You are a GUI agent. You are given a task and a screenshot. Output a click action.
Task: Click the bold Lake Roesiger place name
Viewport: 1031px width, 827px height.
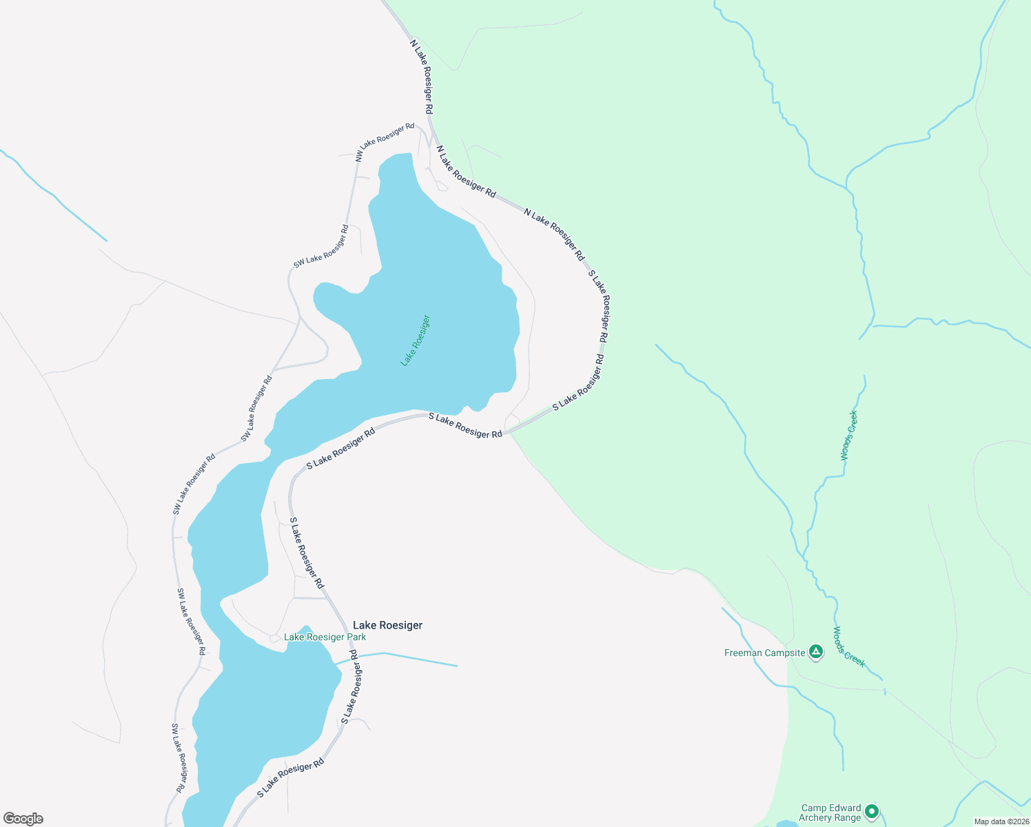387,625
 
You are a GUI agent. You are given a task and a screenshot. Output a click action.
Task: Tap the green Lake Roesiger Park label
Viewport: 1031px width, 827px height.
325,637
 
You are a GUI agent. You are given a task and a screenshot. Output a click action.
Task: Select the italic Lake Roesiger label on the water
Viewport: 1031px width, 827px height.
416,340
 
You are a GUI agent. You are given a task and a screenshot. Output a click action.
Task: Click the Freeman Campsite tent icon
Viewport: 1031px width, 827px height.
816,651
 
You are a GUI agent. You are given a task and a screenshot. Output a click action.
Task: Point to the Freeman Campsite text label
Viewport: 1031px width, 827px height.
764,653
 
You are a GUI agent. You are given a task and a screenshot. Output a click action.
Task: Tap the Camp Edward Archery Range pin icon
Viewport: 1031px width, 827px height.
872,811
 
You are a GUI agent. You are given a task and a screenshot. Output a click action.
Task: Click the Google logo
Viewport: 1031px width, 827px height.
23,819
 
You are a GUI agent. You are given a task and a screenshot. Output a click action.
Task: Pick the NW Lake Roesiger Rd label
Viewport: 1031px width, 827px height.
385,142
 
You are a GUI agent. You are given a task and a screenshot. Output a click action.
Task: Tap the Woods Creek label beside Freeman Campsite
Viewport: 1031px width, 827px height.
848,646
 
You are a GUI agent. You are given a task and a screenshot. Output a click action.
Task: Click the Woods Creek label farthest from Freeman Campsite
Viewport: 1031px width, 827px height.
849,436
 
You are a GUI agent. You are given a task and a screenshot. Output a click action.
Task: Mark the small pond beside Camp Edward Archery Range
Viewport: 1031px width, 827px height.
786,824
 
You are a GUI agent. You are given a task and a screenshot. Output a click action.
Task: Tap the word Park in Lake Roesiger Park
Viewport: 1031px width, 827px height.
356,637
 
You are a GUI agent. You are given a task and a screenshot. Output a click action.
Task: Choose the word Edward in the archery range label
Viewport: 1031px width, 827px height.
846,808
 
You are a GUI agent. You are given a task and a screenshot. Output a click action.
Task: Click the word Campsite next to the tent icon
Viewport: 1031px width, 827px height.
784,653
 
